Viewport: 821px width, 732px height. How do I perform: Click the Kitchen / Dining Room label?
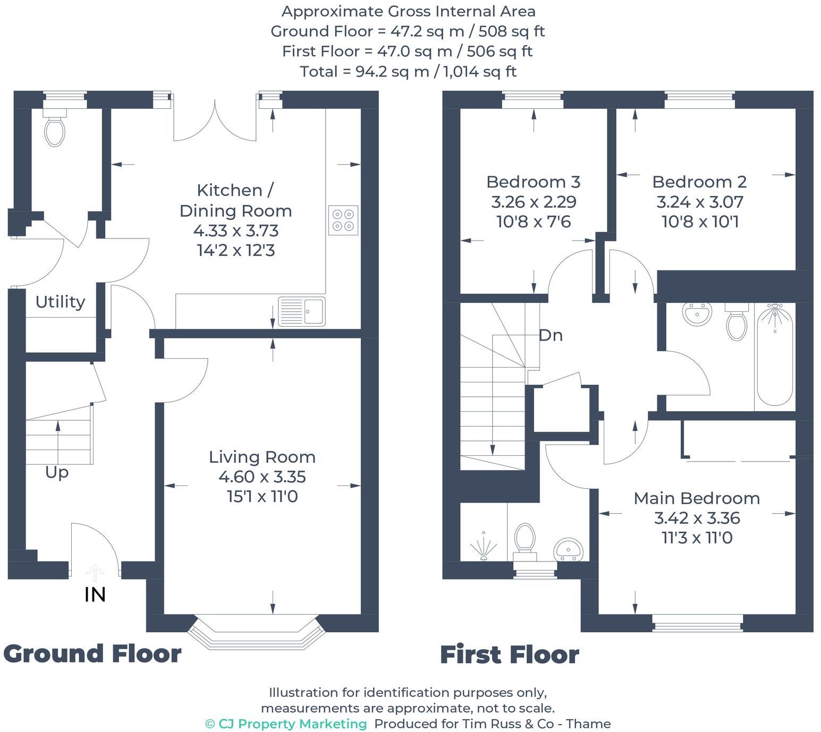tap(235, 200)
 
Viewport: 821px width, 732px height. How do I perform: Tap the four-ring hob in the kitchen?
tap(343, 220)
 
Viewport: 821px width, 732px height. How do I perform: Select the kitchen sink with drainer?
tap(302, 311)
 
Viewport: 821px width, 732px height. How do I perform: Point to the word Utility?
tap(60, 302)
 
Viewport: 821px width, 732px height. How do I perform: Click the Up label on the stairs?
tap(57, 472)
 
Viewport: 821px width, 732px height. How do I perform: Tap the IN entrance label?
tap(95, 594)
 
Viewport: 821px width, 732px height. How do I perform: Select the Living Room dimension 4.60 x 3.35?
tap(262, 476)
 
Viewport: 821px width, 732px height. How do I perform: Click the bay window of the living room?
tap(256, 631)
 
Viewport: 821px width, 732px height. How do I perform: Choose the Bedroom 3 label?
tap(533, 182)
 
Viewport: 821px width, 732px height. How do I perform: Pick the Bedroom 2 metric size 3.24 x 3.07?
tap(699, 202)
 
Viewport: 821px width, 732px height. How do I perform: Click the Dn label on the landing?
tap(551, 335)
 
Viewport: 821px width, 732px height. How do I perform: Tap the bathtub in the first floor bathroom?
tap(775, 356)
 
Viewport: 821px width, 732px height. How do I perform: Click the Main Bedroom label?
tap(697, 498)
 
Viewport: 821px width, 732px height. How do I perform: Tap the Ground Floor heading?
tap(92, 653)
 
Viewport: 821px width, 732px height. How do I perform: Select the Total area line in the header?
tap(408, 71)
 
